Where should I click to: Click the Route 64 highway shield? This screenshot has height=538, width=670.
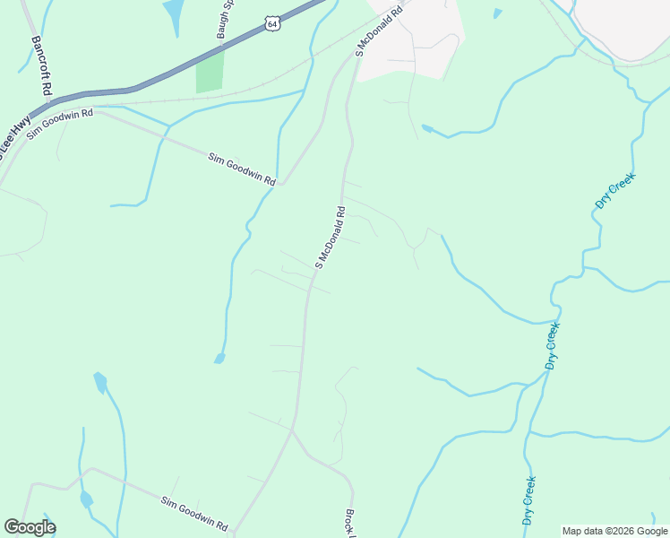point(272,23)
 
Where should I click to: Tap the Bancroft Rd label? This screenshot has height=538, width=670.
point(41,67)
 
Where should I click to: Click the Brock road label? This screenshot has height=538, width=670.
point(350,523)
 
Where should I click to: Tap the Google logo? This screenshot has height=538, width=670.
point(30,527)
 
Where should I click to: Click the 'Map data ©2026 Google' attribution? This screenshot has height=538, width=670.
point(615,531)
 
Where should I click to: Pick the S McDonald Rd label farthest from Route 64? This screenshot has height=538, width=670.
point(331,238)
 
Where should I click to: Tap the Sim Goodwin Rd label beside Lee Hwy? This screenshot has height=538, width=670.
point(60,121)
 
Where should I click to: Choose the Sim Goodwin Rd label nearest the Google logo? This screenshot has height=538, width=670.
point(194,514)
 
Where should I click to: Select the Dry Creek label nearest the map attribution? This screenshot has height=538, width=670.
point(529,500)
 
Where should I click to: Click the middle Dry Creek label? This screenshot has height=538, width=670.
point(553,346)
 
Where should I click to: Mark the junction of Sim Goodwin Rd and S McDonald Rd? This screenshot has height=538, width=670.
point(281,184)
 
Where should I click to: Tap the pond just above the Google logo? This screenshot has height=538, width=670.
point(86,499)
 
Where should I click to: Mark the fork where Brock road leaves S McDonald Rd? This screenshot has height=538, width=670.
point(292,430)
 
